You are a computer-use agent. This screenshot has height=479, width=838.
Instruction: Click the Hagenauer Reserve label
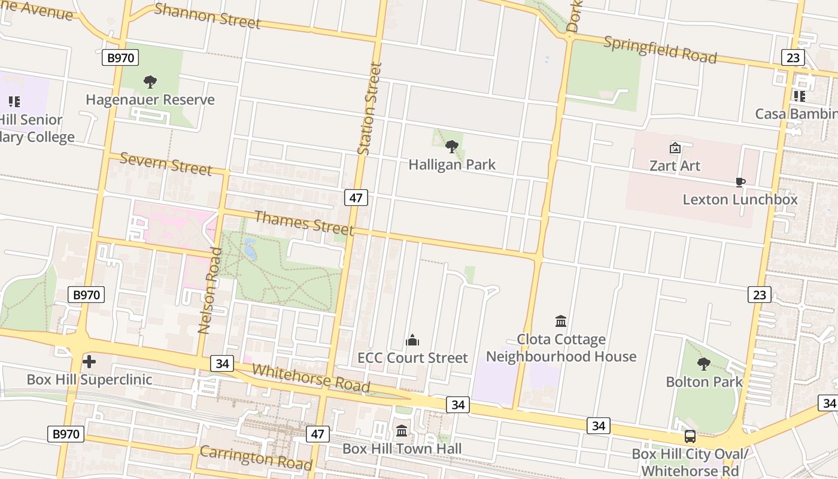click(150, 99)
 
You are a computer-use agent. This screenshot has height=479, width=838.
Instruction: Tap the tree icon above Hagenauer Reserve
click(150, 82)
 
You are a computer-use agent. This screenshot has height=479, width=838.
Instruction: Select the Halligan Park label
click(452, 164)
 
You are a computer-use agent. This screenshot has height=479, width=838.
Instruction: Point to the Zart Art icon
click(675, 147)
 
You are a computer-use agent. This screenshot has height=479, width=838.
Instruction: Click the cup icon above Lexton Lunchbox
click(740, 182)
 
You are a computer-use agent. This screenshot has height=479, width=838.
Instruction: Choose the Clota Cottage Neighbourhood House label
click(561, 348)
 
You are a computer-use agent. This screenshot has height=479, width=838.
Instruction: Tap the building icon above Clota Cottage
click(561, 321)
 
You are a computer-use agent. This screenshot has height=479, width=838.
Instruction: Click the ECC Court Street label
click(412, 357)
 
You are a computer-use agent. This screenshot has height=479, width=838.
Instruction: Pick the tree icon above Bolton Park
click(704, 363)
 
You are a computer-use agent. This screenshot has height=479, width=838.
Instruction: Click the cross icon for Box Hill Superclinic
click(89, 362)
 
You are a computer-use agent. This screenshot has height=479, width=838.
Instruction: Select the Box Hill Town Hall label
click(402, 448)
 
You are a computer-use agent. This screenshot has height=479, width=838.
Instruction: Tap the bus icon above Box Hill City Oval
click(690, 436)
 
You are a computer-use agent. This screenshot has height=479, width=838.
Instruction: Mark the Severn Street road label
click(166, 163)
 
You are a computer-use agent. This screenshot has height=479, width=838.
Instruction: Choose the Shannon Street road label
click(207, 16)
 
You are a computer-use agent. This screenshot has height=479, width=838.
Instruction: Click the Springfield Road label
click(660, 50)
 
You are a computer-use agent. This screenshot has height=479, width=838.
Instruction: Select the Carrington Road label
click(256, 458)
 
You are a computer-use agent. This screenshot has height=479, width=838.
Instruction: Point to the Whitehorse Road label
click(311, 378)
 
